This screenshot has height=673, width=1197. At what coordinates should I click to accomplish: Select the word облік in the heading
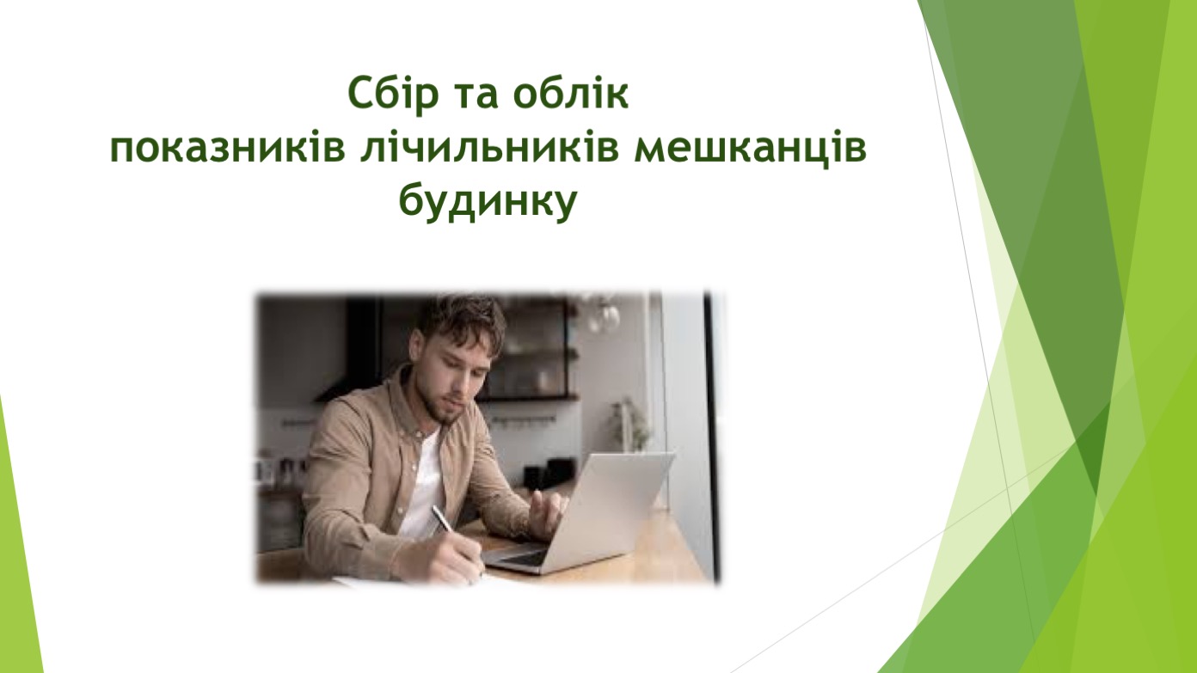pyautogui.click(x=571, y=93)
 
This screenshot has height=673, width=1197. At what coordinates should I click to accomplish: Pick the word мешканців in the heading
pyautogui.click(x=750, y=150)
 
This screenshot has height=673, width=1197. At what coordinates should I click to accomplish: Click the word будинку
pyautogui.click(x=488, y=203)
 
